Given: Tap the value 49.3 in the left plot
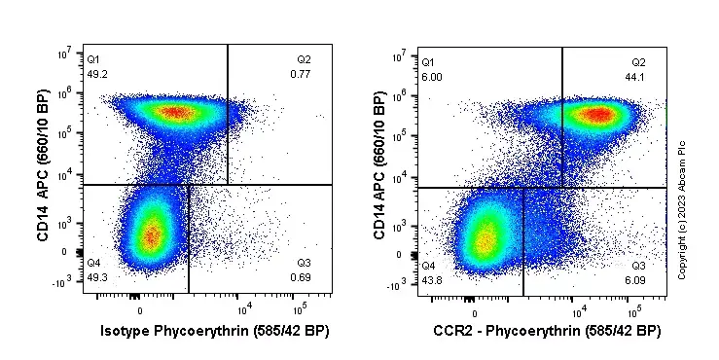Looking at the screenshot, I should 96,277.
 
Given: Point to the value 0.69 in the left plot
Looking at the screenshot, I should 301,278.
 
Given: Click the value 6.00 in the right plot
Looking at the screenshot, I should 430,77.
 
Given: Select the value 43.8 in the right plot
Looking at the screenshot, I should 432,280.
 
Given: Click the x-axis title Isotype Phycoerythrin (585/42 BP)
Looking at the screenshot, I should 215,332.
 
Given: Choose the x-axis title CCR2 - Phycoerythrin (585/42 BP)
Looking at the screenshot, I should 548,332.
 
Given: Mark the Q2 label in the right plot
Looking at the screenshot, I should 639,63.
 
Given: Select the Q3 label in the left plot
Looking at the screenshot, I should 304,264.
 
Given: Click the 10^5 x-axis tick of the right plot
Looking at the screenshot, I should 633,314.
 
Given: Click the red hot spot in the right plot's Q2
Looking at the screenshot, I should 599,116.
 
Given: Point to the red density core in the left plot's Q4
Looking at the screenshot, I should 151,235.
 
